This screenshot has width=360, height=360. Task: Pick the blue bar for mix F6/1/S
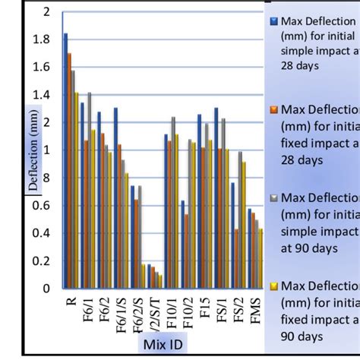pos(115,197)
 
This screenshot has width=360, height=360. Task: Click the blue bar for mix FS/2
pos(233,235)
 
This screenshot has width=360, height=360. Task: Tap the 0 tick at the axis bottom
pos(50,289)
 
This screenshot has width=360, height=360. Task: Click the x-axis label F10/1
pos(170,319)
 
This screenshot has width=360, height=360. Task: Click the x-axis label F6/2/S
pos(137,319)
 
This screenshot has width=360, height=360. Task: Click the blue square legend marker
pos(273,21)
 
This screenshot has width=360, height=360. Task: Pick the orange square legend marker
pos(273,109)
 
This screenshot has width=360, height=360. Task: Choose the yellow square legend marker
pos(273,286)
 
